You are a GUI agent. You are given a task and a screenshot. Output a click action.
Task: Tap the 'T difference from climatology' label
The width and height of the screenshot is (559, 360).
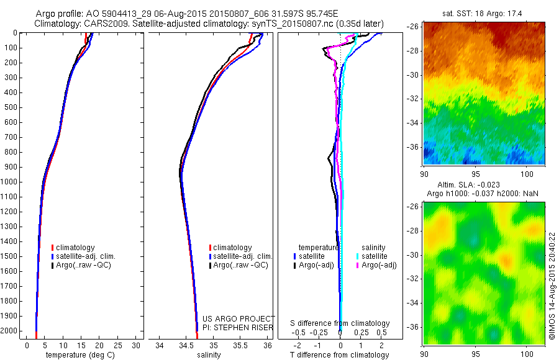340,355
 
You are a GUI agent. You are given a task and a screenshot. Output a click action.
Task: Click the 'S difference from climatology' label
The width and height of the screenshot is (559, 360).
340,323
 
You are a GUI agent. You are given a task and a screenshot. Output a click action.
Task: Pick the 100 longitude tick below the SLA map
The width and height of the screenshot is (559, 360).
528,354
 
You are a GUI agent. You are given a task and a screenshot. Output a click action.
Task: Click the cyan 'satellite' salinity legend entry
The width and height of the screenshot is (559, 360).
373,256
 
